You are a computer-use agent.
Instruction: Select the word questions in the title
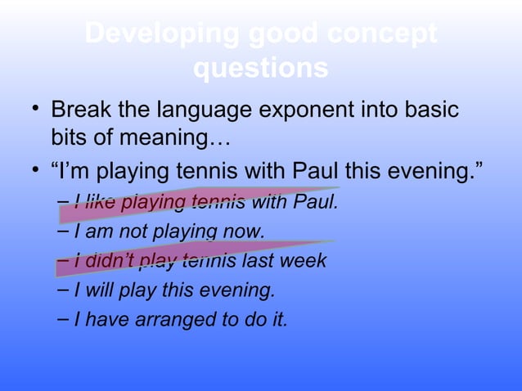261,70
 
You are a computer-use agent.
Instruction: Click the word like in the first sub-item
100,202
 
